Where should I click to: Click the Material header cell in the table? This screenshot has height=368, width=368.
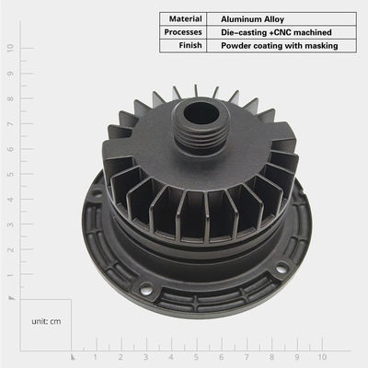(185, 19)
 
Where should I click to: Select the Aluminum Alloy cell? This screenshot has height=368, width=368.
(252, 19)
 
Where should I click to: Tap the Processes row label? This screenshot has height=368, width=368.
(183, 32)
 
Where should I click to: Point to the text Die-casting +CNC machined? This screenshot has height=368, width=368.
(276, 32)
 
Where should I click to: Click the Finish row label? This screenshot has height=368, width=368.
(190, 45)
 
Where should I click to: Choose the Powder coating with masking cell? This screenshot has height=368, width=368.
(280, 46)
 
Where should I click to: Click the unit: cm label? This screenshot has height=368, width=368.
(46, 321)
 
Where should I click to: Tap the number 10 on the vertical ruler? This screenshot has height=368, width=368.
(11, 48)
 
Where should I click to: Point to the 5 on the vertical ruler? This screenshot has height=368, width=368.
(11, 174)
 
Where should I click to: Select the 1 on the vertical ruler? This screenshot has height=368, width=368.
(11, 275)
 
